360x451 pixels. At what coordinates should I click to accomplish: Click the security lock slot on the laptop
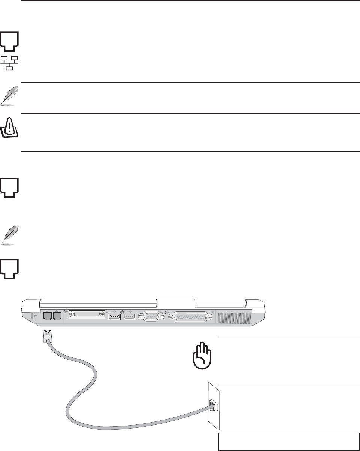tap(32, 316)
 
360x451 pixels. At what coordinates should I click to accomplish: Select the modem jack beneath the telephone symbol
tap(48, 316)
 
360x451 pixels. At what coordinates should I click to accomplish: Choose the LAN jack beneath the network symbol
tap(57, 316)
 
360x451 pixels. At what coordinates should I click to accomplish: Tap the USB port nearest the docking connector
tap(114, 317)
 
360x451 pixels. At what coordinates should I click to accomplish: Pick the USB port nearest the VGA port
tap(129, 317)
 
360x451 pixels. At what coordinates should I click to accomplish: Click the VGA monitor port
tap(151, 317)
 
